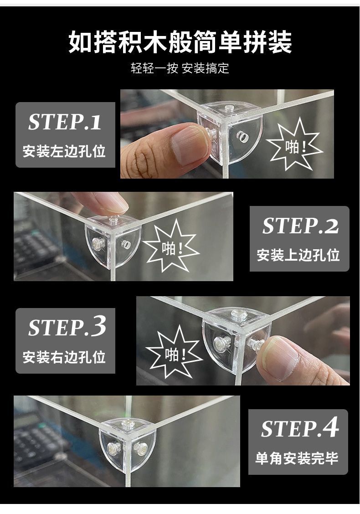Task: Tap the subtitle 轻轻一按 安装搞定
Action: [x=180, y=68]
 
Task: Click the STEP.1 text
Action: [x=65, y=122]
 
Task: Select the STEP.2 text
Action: [x=300, y=226]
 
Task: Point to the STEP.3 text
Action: [x=67, y=327]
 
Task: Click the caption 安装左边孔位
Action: [x=64, y=151]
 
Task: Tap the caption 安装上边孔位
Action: [x=298, y=255]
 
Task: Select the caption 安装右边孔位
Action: [x=64, y=357]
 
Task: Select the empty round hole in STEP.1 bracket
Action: [x=242, y=137]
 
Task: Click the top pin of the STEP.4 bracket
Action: [x=127, y=426]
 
